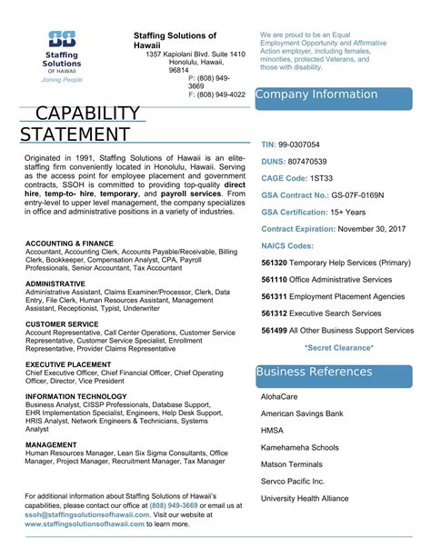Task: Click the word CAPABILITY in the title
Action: [x=87, y=114]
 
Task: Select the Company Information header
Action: [x=316, y=94]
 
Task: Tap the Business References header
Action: [x=315, y=347]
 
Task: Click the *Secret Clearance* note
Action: [x=338, y=347]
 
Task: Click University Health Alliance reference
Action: [x=305, y=498]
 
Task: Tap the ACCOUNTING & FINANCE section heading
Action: [x=70, y=244]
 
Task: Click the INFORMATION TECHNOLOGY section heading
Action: [x=76, y=396]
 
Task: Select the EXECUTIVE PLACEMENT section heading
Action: [x=69, y=338]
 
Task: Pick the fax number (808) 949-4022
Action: [x=222, y=94]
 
